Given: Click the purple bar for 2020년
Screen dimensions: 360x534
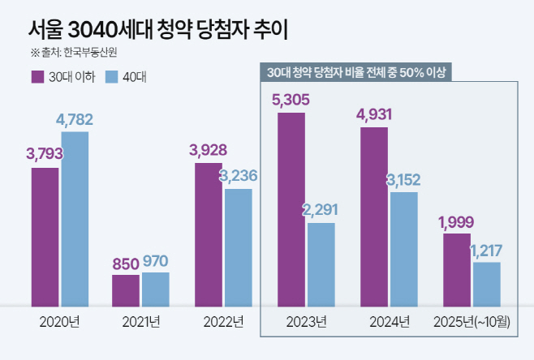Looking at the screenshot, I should pyautogui.click(x=45, y=237).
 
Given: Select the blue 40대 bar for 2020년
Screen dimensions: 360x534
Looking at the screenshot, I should pyautogui.click(x=75, y=219).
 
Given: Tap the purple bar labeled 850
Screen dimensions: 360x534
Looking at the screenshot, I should pyautogui.click(x=126, y=290).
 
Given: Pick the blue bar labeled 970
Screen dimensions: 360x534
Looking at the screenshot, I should pyautogui.click(x=156, y=289).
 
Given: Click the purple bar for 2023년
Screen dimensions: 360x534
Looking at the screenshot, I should pyautogui.click(x=291, y=209).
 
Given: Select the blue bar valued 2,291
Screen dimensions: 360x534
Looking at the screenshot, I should pyautogui.click(x=321, y=264).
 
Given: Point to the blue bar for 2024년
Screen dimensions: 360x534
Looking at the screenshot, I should pyautogui.click(x=403, y=249).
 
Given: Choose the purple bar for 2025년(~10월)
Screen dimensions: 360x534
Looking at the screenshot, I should pyautogui.click(x=456, y=270).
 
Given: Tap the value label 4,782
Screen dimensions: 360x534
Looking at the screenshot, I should pyautogui.click(x=75, y=119).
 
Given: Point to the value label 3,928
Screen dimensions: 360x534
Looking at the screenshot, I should pyautogui.click(x=208, y=150).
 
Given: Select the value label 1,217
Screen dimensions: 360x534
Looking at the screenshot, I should pyautogui.click(x=487, y=250).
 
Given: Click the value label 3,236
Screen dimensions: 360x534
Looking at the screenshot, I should pyautogui.click(x=239, y=176).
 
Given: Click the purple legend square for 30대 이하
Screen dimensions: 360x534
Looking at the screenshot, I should pyautogui.click(x=37, y=77).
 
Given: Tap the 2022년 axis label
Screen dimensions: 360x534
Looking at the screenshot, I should pyautogui.click(x=223, y=322).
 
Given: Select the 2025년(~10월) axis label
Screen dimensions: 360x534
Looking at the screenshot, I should pyautogui.click(x=472, y=322).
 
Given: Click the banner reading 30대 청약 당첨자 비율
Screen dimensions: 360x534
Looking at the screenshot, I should pyautogui.click(x=356, y=72).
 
